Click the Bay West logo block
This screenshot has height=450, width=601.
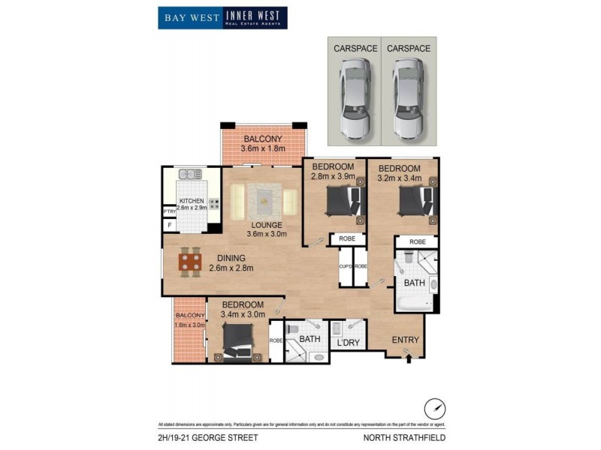pyautogui.click(x=190, y=18)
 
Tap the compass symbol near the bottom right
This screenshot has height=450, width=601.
pyautogui.click(x=433, y=409)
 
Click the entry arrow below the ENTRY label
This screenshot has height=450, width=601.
pyautogui.click(x=408, y=358)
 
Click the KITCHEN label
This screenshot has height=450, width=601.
pyautogui.click(x=191, y=201)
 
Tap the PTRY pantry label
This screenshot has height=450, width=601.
pyautogui.click(x=169, y=211)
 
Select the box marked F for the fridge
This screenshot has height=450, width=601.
pyautogui.click(x=169, y=224)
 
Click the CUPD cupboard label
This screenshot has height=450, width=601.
pyautogui.click(x=345, y=266)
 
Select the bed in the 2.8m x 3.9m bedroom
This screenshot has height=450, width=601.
pyautogui.click(x=344, y=202)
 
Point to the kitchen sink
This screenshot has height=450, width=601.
pyautogui.click(x=189, y=175)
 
